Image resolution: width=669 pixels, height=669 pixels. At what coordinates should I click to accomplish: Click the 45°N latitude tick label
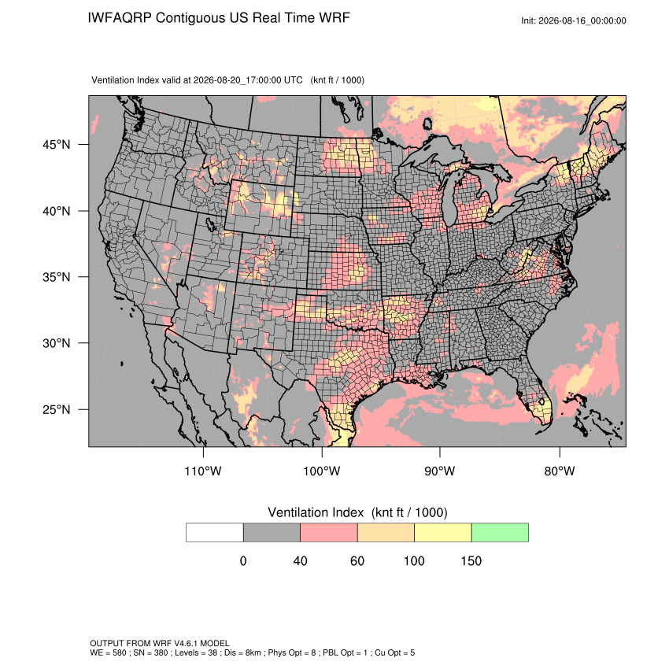click(x=57, y=145)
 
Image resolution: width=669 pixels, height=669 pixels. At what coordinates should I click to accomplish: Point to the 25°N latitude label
click(x=57, y=409)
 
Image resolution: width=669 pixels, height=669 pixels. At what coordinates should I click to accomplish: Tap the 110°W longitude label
click(x=203, y=471)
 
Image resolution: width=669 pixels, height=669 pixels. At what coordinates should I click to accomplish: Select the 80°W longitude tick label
click(x=560, y=471)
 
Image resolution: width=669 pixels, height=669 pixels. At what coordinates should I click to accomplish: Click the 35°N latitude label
click(x=57, y=277)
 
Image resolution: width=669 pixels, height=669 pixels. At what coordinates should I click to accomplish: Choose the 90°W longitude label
click(x=439, y=471)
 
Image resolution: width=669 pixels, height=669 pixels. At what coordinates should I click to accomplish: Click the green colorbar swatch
click(x=500, y=533)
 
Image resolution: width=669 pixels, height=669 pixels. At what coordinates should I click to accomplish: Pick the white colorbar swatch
click(x=215, y=533)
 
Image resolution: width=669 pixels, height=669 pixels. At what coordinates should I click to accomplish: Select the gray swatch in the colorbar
click(x=272, y=533)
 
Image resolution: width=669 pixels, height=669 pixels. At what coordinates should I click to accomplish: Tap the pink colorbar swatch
click(x=329, y=533)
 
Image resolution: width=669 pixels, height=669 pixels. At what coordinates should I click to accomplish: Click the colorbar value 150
click(x=471, y=560)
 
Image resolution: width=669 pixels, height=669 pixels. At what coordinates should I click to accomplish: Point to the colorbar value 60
click(x=357, y=560)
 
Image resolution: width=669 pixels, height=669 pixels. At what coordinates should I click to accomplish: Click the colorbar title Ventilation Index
click(x=316, y=512)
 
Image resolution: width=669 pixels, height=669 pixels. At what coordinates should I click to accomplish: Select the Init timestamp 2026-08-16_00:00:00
click(x=582, y=20)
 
